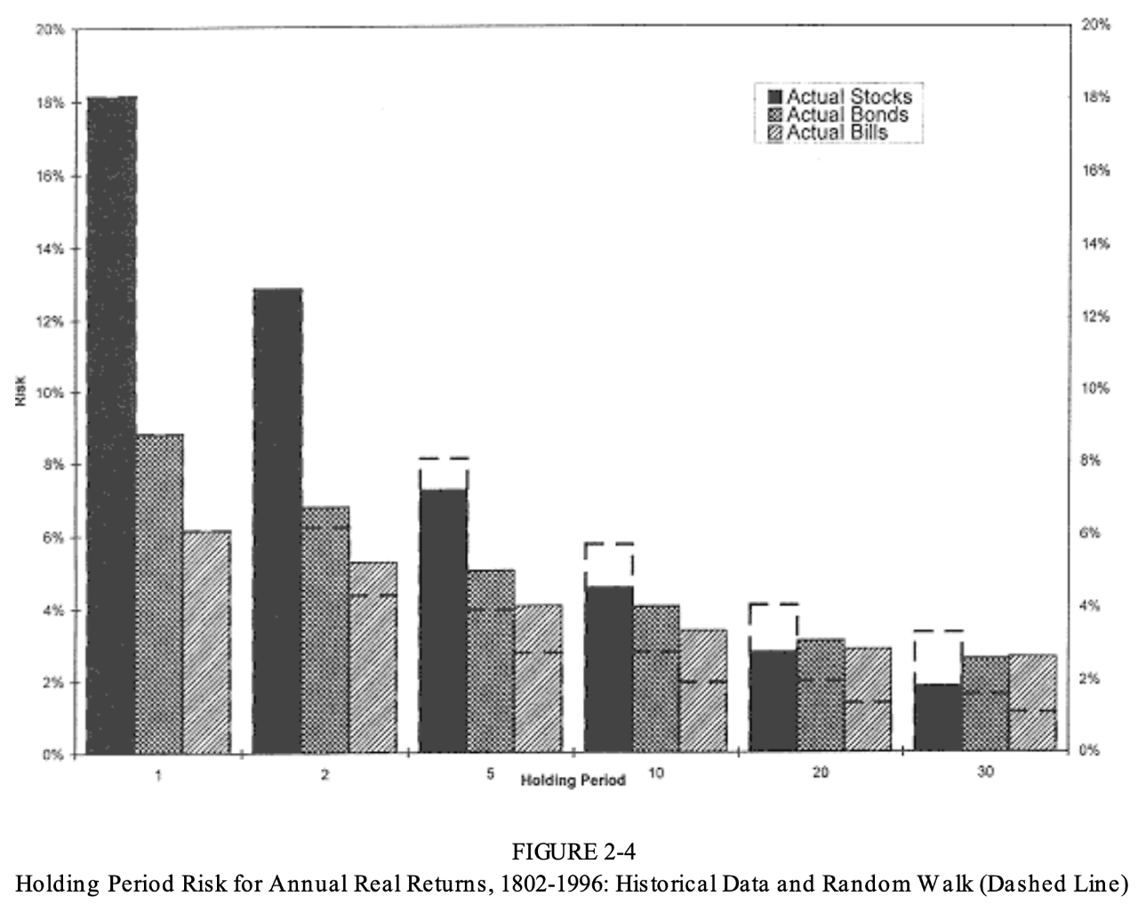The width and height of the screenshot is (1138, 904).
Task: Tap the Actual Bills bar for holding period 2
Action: pyautogui.click(x=373, y=658)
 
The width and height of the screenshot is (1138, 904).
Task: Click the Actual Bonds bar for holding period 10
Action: pyautogui.click(x=656, y=679)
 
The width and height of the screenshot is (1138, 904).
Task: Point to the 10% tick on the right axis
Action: pyautogui.click(x=1095, y=388)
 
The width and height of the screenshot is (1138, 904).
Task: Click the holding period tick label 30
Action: pyautogui.click(x=985, y=772)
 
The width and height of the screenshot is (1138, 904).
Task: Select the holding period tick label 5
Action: pyautogui.click(x=490, y=773)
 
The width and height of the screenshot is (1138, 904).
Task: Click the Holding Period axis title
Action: pyautogui.click(x=573, y=780)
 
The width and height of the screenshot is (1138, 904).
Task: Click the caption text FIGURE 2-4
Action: pyautogui.click(x=573, y=852)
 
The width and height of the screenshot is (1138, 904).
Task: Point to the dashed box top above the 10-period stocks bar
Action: pyautogui.click(x=609, y=543)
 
